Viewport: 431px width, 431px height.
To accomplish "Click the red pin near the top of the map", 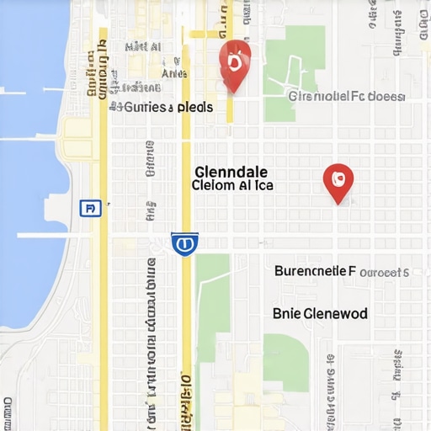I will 235,63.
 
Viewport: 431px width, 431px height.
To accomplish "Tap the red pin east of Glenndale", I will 338,180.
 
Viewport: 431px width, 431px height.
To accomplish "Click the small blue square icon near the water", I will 90,207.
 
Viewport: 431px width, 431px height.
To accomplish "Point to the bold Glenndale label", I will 231,168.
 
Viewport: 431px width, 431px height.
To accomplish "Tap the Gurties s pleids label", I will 162,108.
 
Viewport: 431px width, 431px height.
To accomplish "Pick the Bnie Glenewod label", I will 320,313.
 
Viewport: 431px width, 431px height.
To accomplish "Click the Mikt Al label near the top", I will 142,47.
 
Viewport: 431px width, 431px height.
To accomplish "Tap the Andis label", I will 173,73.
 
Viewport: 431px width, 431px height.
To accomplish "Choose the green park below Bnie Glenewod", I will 285,362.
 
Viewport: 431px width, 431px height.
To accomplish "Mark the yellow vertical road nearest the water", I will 103,253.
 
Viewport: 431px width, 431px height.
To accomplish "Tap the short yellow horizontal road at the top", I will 205,35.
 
